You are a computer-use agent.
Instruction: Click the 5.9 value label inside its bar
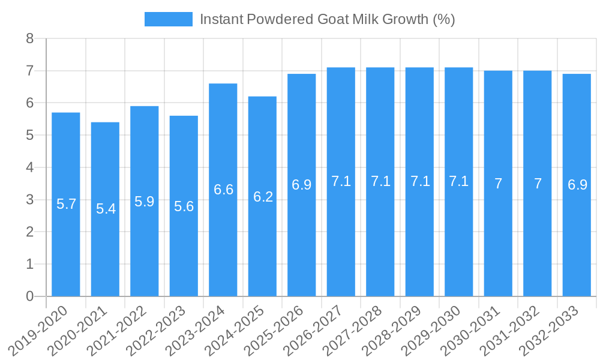145,202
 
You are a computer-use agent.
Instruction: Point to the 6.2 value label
263,197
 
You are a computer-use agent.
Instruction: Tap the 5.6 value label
184,206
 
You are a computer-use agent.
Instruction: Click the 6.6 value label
223,190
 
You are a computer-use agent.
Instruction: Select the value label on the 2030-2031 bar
498,184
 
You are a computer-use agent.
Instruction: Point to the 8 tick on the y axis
29,39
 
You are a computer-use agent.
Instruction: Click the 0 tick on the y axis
29,296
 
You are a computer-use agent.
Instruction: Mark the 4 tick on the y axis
29,167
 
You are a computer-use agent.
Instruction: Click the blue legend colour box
169,19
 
